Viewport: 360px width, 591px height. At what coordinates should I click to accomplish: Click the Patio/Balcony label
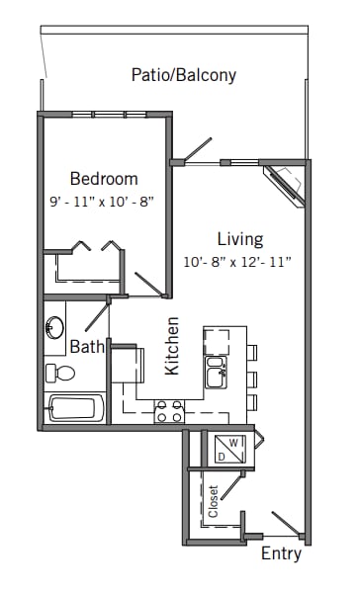click(x=184, y=75)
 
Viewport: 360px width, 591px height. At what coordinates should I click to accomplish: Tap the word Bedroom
click(x=104, y=179)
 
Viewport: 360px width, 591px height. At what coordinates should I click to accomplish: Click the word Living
click(x=240, y=239)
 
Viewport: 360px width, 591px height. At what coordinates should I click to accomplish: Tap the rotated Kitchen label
click(x=173, y=345)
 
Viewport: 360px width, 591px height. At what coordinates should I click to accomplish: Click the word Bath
click(x=87, y=346)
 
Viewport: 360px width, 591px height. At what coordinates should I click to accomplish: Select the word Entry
click(x=281, y=553)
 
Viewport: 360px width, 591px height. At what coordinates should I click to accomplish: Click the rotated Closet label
click(x=213, y=500)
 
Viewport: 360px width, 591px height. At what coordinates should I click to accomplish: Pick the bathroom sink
click(x=55, y=329)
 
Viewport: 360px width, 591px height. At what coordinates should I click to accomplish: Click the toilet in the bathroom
click(x=60, y=373)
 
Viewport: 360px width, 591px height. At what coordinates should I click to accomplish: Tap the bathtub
click(x=74, y=407)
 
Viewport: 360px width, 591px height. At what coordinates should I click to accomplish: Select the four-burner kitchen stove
click(x=169, y=411)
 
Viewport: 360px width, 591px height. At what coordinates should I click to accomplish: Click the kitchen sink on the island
click(x=217, y=374)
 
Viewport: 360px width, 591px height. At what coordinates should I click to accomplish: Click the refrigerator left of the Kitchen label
click(x=126, y=364)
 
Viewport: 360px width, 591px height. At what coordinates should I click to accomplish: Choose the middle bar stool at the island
click(x=251, y=377)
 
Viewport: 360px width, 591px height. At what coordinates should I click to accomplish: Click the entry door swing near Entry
click(x=286, y=522)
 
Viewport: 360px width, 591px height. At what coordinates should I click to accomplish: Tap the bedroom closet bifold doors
click(x=90, y=245)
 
